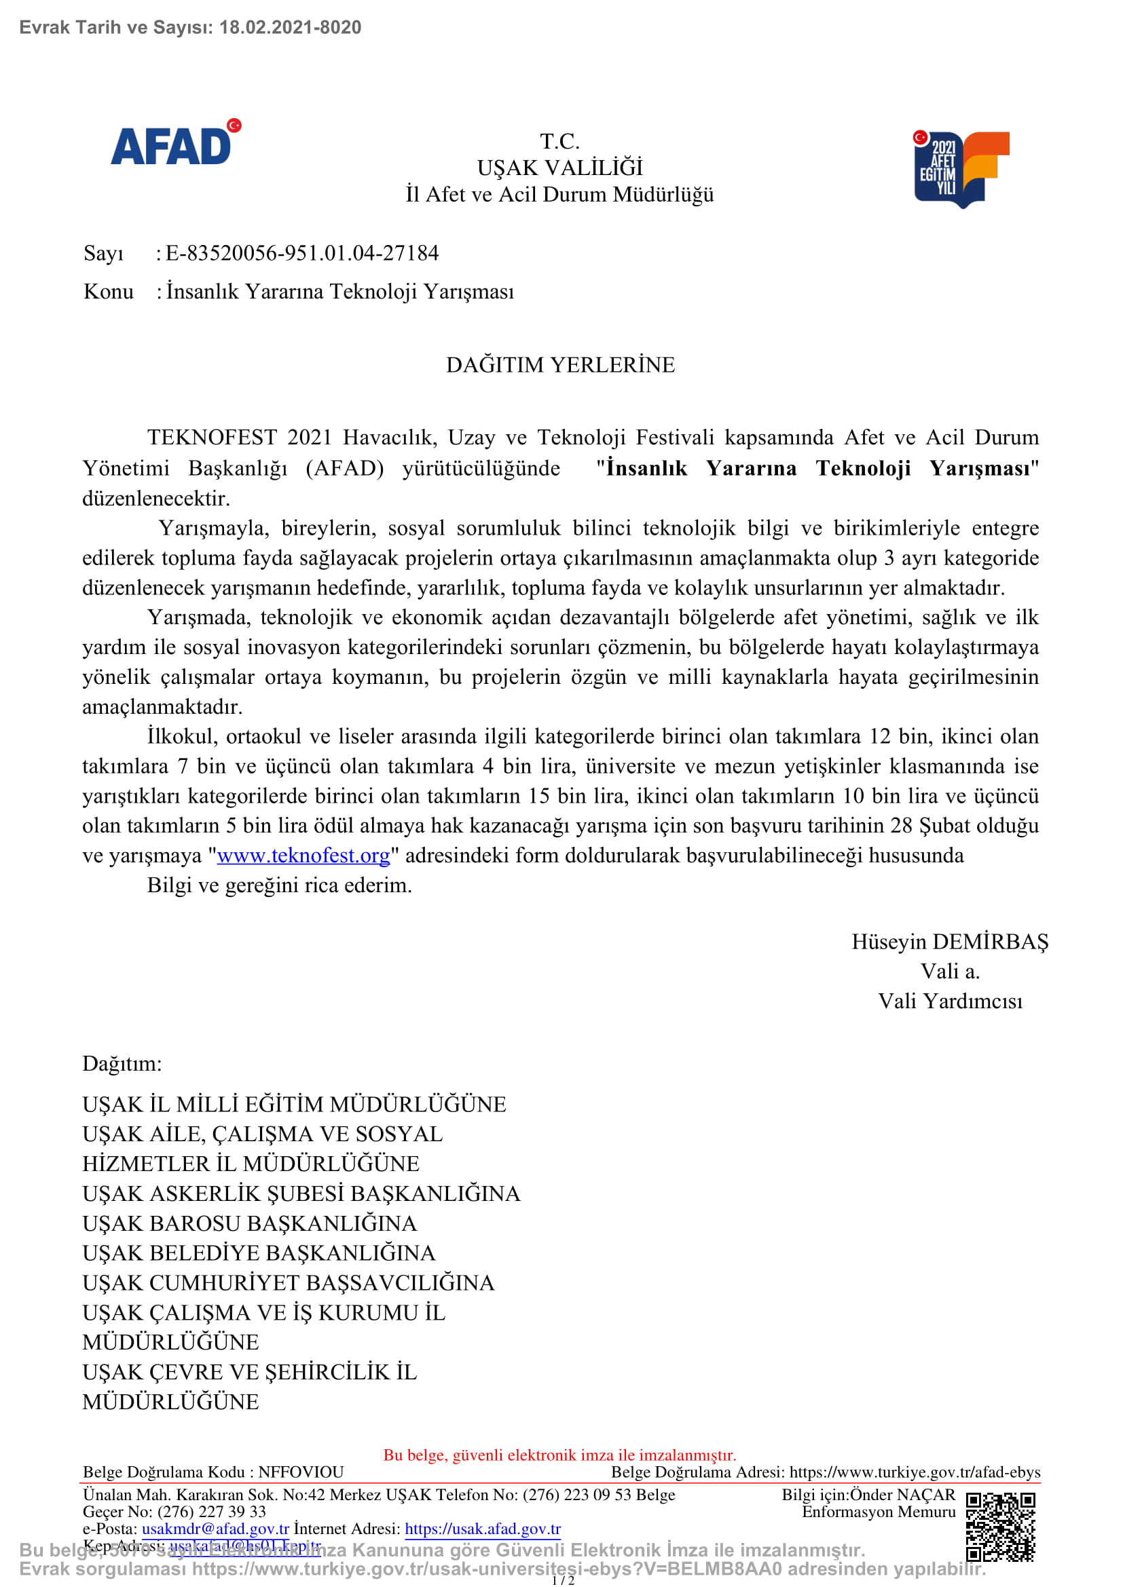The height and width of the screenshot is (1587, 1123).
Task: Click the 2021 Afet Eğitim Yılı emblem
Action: [961, 170]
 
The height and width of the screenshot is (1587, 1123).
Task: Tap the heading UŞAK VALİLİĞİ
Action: [559, 168]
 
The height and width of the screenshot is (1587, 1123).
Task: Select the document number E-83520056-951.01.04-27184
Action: [302, 253]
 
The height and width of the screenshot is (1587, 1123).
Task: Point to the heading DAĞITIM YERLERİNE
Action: [560, 365]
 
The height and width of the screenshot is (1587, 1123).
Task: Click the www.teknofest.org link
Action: [303, 856]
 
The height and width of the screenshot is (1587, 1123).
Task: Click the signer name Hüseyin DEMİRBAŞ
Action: [949, 942]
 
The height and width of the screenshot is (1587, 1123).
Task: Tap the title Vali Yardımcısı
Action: [949, 1001]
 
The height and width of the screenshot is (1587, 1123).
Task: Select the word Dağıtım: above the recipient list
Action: [122, 1064]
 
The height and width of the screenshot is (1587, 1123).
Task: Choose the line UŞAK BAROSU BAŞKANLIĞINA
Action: [250, 1223]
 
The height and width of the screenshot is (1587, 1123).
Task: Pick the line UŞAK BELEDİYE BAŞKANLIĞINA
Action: [259, 1253]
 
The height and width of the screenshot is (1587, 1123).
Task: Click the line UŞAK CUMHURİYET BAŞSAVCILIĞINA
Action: [289, 1283]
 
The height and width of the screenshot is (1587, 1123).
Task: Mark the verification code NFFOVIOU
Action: [301, 1472]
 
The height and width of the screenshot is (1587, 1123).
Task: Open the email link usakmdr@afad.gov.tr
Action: [215, 1529]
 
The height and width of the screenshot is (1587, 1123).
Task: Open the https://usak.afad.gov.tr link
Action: [482, 1529]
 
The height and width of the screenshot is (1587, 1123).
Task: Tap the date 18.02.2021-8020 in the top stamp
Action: [290, 28]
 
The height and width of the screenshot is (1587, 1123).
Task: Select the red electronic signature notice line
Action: [559, 1455]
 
